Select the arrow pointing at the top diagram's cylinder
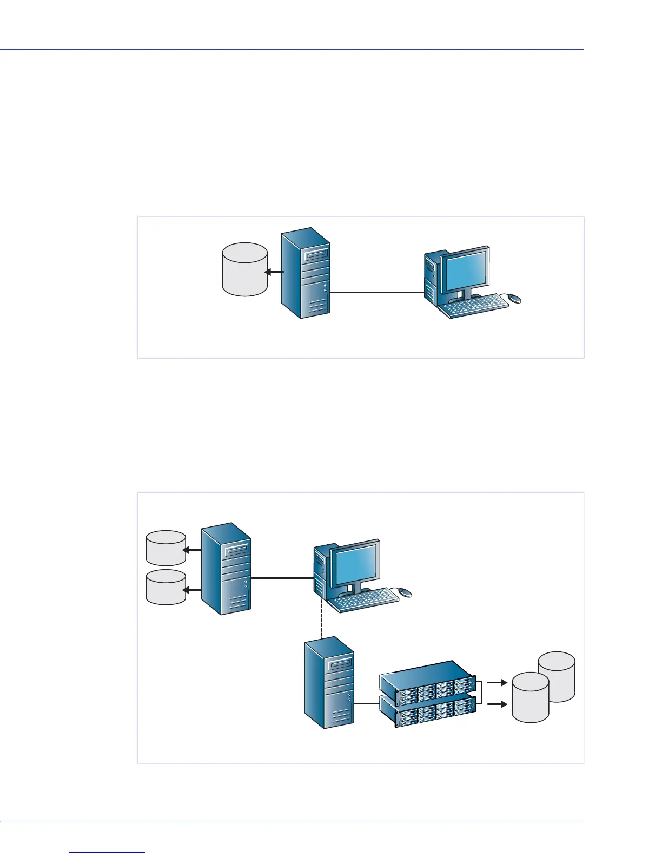point(274,272)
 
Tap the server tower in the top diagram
point(306,273)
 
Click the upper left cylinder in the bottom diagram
point(166,548)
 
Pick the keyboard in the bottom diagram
point(365,601)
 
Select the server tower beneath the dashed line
point(329,683)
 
